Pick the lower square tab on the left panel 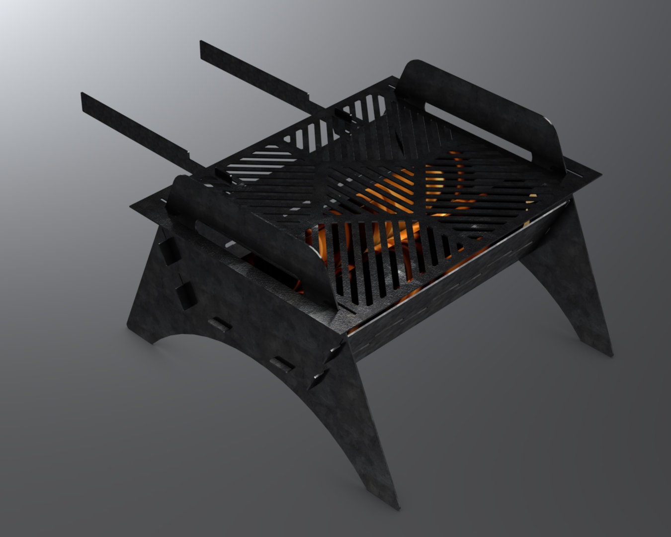(x=185, y=296)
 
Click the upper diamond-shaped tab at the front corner (x=332, y=354)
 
